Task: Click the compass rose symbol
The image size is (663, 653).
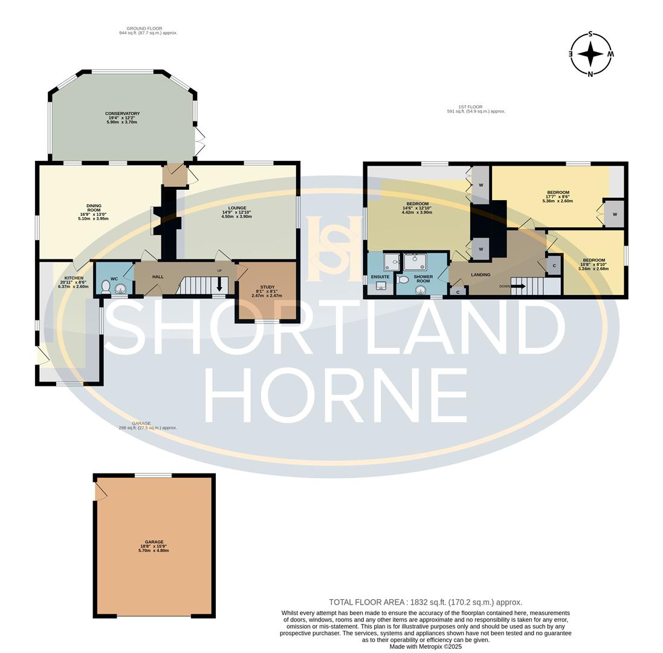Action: click(590, 54)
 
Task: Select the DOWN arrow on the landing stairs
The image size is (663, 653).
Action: click(518, 286)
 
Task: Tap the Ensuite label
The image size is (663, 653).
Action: click(380, 277)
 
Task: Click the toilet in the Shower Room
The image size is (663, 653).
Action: click(403, 280)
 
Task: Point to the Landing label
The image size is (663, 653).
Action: click(480, 275)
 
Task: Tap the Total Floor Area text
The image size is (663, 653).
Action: click(425, 602)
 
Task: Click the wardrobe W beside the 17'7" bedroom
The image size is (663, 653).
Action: click(614, 214)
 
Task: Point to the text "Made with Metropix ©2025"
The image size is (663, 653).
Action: click(425, 646)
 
